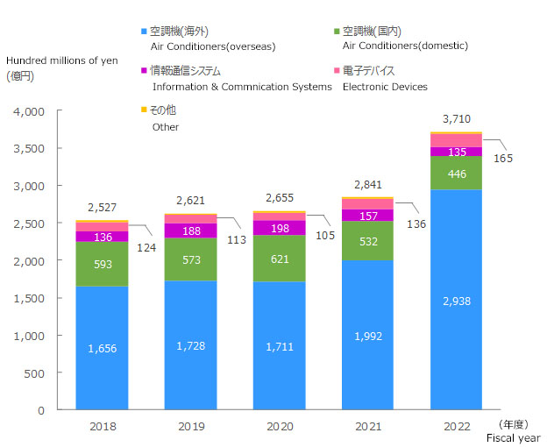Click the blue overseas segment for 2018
tap(102, 348)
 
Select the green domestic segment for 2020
tap(279, 259)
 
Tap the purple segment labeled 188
tap(190, 231)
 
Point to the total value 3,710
tap(456, 118)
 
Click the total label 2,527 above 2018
tap(102, 208)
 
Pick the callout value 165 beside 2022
tap(502, 159)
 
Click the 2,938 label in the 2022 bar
tap(456, 300)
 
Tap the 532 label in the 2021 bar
tap(367, 241)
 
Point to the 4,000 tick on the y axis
tap(29, 112)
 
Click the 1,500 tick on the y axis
tap(29, 299)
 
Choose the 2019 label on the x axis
tap(190, 427)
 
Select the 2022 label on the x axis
tap(456, 427)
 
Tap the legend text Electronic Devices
tap(385, 87)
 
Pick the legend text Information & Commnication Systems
tap(241, 87)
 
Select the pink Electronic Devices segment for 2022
tap(456, 140)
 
